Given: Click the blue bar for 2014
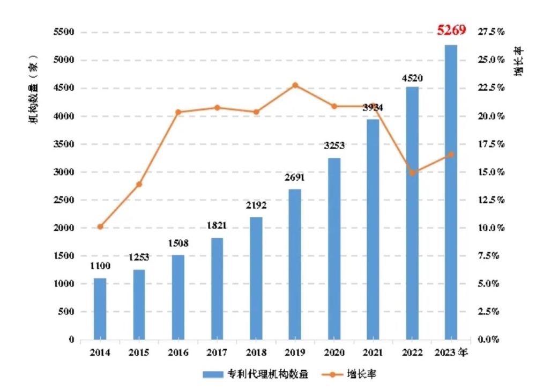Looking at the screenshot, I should pyautogui.click(x=100, y=309).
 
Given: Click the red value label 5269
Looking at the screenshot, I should pyautogui.click(x=451, y=30).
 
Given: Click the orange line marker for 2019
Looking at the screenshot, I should pyautogui.click(x=295, y=85).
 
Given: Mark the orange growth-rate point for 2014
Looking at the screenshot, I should pyautogui.click(x=100, y=227).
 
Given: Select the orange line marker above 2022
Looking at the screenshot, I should pyautogui.click(x=412, y=173).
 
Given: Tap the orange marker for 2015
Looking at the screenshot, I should pyautogui.click(x=139, y=185).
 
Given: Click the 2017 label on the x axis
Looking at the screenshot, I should pyautogui.click(x=217, y=353).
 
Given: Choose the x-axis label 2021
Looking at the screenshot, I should pyautogui.click(x=373, y=353).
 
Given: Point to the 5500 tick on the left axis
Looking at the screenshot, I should pyautogui.click(x=63, y=32).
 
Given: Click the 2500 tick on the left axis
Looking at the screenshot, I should pyautogui.click(x=63, y=200).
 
